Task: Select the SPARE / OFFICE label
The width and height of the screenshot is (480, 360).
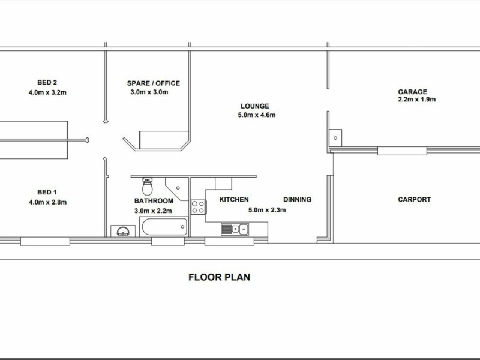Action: pyautogui.click(x=153, y=83)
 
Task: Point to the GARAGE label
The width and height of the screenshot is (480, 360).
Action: pyautogui.click(x=413, y=92)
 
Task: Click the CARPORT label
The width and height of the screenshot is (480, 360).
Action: pyautogui.click(x=414, y=200)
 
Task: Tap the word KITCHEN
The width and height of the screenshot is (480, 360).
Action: pyautogui.click(x=234, y=200)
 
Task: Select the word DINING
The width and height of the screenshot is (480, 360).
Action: pyautogui.click(x=297, y=200)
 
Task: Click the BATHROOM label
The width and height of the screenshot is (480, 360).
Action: pyautogui.click(x=154, y=201)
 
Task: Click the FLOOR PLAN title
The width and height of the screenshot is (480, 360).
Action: pyautogui.click(x=219, y=277)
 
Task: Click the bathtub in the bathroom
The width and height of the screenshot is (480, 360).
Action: pyautogui.click(x=164, y=227)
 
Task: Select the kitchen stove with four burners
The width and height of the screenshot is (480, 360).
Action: pyautogui.click(x=198, y=208)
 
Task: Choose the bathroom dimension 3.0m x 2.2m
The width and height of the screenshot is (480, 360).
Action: pyautogui.click(x=154, y=211)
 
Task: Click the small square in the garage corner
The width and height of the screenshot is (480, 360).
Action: pyautogui.click(x=336, y=137)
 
